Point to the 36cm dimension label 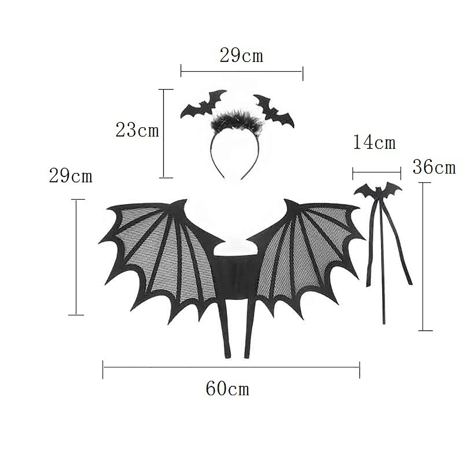tap(434, 167)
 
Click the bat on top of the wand tap(378, 190)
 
